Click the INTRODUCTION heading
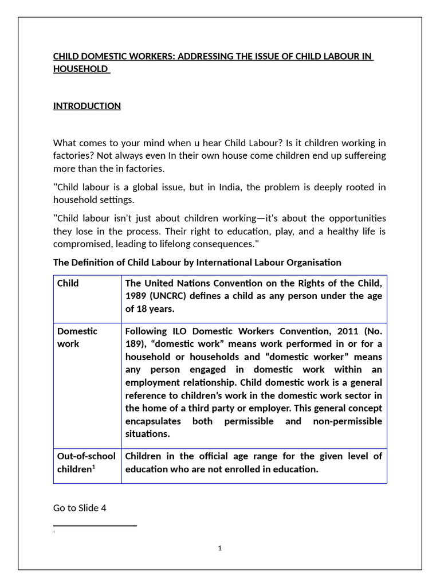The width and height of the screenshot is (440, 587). pyautogui.click(x=87, y=106)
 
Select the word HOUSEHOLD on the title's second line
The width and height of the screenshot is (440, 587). pyautogui.click(x=80, y=69)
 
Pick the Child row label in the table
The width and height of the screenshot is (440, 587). pyautogui.click(x=68, y=284)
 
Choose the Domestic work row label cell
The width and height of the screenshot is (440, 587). pyautogui.click(x=77, y=338)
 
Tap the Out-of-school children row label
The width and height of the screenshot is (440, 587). pyautogui.click(x=86, y=463)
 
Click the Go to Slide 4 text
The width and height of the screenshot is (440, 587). pyautogui.click(x=80, y=508)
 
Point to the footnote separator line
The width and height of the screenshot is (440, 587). pyautogui.click(x=95, y=525)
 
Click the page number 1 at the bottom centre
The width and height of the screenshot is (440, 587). pyautogui.click(x=220, y=549)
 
